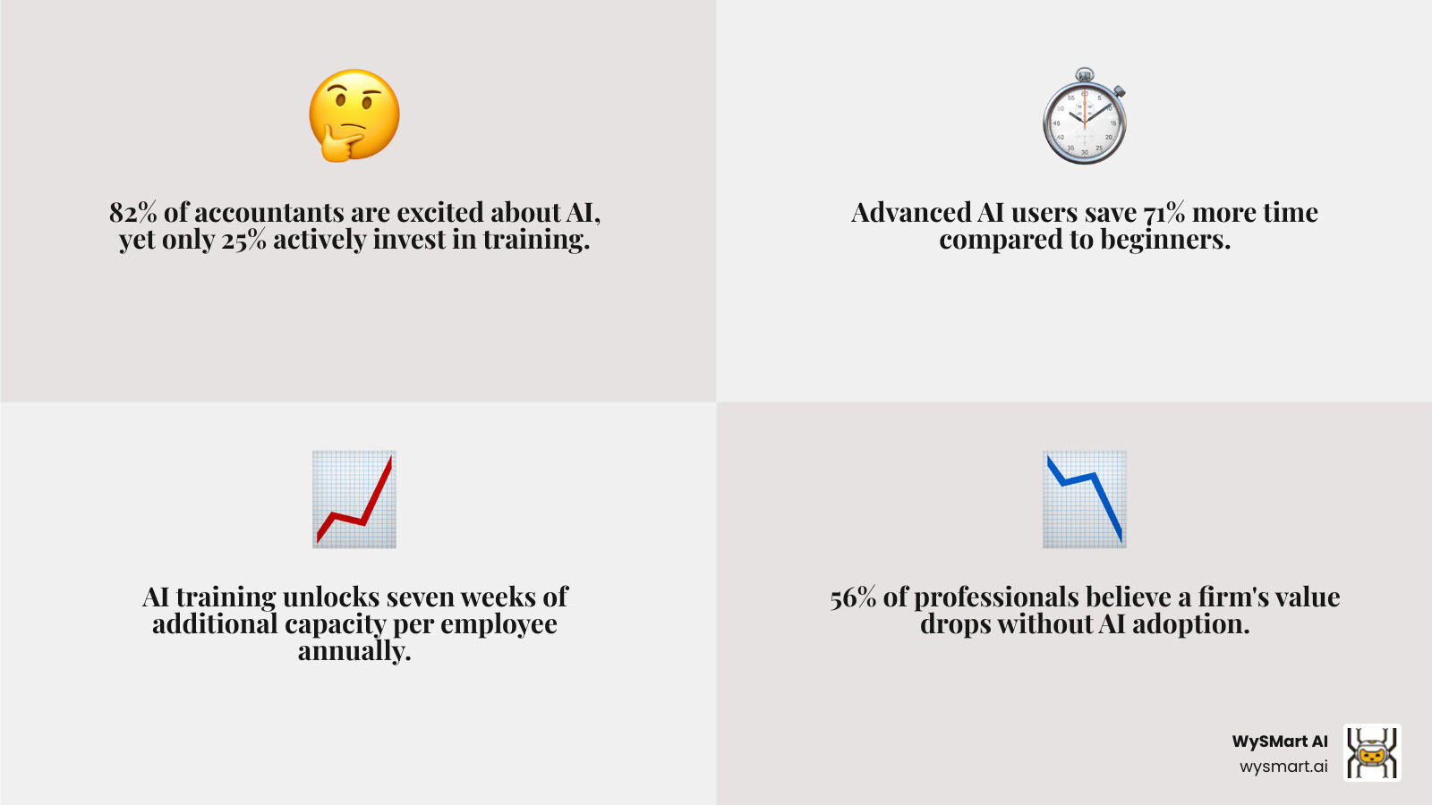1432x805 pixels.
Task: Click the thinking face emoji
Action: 354,115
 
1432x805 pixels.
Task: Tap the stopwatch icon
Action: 1085,115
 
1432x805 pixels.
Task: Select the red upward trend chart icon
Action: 354,499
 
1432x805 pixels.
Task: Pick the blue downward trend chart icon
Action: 1085,499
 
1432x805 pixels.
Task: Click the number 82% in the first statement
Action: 132,212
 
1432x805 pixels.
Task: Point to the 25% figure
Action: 244,240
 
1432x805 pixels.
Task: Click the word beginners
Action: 1164,241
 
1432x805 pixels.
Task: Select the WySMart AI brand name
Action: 1280,741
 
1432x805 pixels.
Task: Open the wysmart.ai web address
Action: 1283,766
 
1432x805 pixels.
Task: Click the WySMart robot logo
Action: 1372,752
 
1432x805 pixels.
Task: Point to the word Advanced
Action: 910,212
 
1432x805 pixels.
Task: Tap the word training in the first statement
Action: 536,241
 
